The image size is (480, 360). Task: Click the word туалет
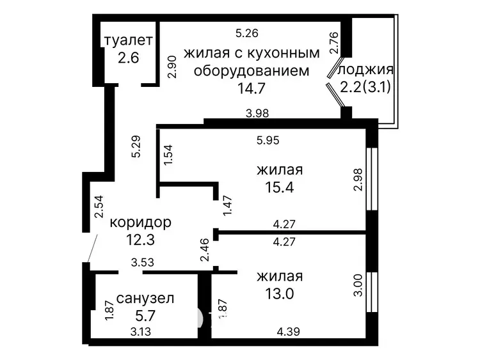coord(128,40)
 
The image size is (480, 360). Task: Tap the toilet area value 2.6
coord(128,58)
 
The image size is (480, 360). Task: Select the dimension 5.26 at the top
coord(247,33)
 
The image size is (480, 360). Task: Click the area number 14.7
coord(251,88)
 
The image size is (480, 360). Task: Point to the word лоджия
coord(365,70)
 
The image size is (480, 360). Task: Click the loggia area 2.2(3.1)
coord(365,88)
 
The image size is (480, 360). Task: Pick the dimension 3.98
coord(257,113)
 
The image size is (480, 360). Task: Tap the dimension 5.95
coord(268,141)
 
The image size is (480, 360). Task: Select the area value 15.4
coord(280,187)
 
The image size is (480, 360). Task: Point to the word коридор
coord(141,223)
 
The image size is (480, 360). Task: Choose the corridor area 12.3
coord(141,240)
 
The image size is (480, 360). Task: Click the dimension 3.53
coord(142,262)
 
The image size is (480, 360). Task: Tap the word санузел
coord(145,298)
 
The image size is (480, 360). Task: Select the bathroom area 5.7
coord(145,315)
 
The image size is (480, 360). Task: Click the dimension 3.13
coord(141,332)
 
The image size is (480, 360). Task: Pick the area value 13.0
coord(280,294)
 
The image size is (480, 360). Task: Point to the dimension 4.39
coord(288,332)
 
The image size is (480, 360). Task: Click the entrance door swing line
coord(92,248)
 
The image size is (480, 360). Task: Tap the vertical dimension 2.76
coord(334,43)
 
